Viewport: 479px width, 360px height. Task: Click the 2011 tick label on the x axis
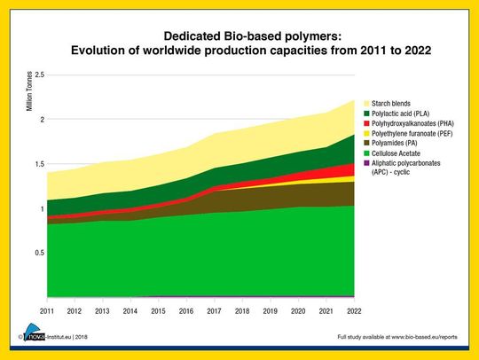pyautogui.click(x=46, y=310)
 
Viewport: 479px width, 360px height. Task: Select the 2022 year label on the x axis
pyautogui.click(x=354, y=310)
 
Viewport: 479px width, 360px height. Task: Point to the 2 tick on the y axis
pyautogui.click(x=38, y=119)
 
